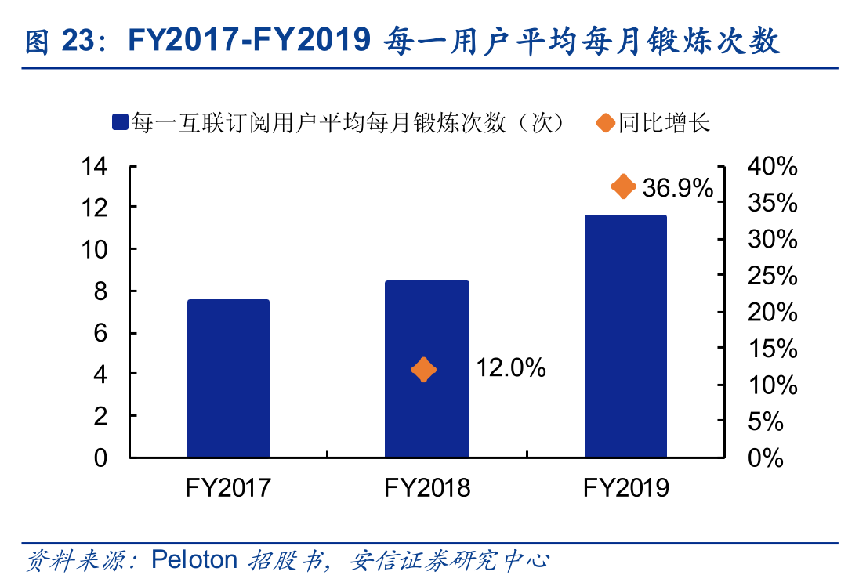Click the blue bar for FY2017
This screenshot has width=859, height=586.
point(228,378)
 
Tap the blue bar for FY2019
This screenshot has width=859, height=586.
point(625,336)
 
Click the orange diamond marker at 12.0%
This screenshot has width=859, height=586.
point(423,369)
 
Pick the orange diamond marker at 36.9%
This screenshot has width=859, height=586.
point(623,186)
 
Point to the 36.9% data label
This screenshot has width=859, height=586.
point(678,188)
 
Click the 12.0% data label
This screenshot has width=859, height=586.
point(511,368)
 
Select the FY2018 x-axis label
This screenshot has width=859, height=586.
point(427,488)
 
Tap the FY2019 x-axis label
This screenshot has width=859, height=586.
point(625,488)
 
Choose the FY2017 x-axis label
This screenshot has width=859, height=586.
point(228,488)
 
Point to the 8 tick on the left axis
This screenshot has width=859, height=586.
point(100,291)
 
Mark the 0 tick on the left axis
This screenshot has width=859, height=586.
point(100,458)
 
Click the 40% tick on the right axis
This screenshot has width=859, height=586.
point(772,166)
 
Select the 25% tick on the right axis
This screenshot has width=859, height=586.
point(772,276)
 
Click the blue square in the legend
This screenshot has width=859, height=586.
point(120,122)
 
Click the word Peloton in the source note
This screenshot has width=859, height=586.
point(194,560)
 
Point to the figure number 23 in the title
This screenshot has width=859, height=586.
point(78,42)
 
